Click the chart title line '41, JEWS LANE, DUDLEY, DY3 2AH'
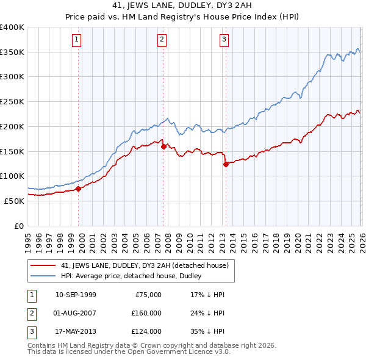(182, 7)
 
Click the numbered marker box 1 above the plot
(77, 40)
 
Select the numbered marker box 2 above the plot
(162, 40)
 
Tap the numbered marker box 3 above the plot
(224, 40)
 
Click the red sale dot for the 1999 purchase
(79, 189)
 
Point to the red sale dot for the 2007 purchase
(163, 146)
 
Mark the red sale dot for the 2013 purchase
(226, 164)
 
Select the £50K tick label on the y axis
(15, 201)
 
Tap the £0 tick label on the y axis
(20, 226)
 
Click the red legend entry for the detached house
(145, 265)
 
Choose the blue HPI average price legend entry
(135, 276)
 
